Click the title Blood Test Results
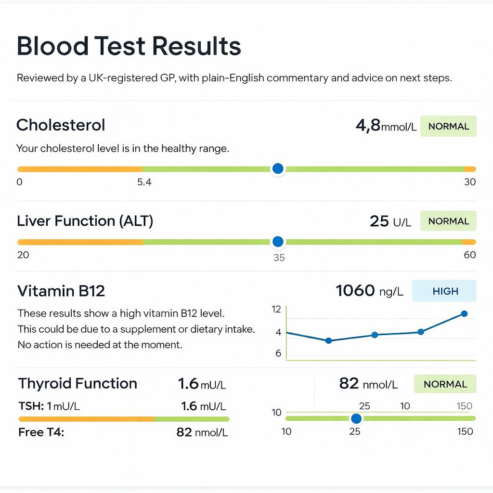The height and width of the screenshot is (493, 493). pyautogui.click(x=129, y=47)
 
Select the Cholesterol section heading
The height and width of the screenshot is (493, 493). pyautogui.click(x=61, y=125)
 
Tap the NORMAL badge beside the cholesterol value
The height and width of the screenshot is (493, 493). pyautogui.click(x=448, y=126)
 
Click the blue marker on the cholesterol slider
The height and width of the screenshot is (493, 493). pyautogui.click(x=277, y=169)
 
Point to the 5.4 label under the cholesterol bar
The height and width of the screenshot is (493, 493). pyautogui.click(x=144, y=182)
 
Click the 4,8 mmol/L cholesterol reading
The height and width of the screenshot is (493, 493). pyautogui.click(x=386, y=126)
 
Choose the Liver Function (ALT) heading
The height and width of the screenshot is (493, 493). pyautogui.click(x=85, y=221)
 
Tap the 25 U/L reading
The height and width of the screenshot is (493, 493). pyautogui.click(x=390, y=221)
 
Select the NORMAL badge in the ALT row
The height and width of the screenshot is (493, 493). pyautogui.click(x=448, y=221)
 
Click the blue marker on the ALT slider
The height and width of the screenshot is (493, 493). pyautogui.click(x=277, y=242)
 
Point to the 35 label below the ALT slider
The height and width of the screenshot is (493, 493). pyautogui.click(x=279, y=258)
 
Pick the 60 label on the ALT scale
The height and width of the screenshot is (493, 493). pyautogui.click(x=469, y=255)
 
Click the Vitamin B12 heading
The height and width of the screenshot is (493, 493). pyautogui.click(x=61, y=291)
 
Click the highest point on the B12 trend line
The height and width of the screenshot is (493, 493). pyautogui.click(x=464, y=313)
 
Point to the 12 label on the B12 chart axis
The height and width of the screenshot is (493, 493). pyautogui.click(x=276, y=310)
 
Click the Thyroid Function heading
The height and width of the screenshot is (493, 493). pyautogui.click(x=78, y=384)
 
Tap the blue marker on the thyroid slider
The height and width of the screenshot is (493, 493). pyautogui.click(x=356, y=418)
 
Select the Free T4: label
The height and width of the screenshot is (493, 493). pyautogui.click(x=41, y=432)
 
